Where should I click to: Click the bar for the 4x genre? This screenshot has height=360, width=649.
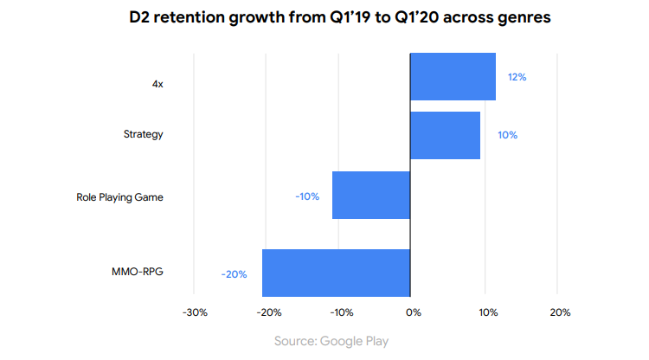tap(453, 76)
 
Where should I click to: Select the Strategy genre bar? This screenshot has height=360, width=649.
tap(445, 135)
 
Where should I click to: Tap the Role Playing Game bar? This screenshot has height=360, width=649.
tap(370, 195)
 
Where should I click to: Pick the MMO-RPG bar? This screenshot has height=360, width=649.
tap(336, 273)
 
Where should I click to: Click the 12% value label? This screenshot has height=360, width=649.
tap(517, 77)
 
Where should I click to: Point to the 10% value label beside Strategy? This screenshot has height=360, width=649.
tap(508, 135)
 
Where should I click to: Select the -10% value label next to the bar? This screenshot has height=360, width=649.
tap(307, 196)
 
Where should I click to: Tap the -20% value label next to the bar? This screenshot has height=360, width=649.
tap(234, 274)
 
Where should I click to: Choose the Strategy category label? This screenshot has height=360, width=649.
tap(145, 135)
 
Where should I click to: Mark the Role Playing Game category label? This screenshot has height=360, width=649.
tap(120, 197)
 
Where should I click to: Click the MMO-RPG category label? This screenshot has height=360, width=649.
tap(138, 272)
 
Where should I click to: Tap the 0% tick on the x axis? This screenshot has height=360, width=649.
tap(414, 312)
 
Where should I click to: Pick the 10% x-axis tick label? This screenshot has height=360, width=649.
tap(486, 312)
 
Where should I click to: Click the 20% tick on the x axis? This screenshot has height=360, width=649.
tap(559, 312)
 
